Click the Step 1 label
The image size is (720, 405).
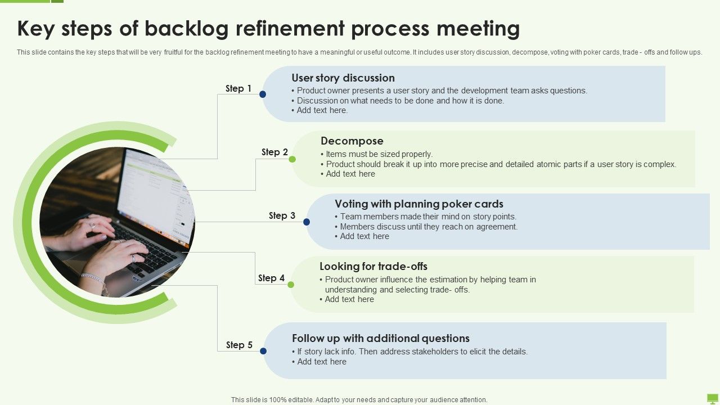coord(238,88)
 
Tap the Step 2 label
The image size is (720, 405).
coord(274,152)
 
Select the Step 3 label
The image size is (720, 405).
coord(282,215)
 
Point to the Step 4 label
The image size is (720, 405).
coord(271,278)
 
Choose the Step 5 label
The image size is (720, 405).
coord(239,345)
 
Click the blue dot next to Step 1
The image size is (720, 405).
coord(263,94)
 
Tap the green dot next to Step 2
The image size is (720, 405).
coord(292,159)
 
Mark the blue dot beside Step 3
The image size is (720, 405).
coord(307,222)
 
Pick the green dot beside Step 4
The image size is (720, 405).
coord(291,285)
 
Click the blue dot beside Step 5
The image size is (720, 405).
coord(263,351)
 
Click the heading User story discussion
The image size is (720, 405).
coord(343,78)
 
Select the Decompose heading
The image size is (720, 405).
coord(352,141)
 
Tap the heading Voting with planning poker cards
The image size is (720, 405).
coord(418,204)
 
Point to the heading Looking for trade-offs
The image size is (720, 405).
coord(373,266)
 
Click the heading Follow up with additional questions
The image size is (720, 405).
coord(380,338)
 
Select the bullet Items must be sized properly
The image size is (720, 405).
coord(379,154)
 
